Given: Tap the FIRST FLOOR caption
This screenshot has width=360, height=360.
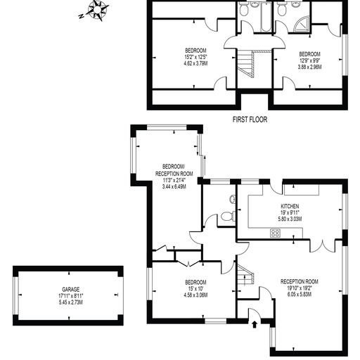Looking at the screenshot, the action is pyautogui.click(x=250, y=120).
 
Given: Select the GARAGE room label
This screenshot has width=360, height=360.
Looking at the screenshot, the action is pyautogui.click(x=71, y=290).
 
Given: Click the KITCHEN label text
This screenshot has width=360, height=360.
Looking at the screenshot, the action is pyautogui.click(x=290, y=206).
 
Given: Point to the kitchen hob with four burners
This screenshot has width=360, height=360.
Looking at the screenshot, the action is pyautogui.click(x=275, y=233).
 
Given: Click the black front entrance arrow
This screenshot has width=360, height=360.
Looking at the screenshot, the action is pyautogui.click(x=255, y=324).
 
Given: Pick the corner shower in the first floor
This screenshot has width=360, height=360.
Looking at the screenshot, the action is pyautogui.click(x=302, y=25).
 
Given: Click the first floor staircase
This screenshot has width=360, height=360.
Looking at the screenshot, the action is pyautogui.click(x=246, y=64).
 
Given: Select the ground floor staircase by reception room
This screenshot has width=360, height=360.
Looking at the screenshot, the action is pyautogui.click(x=245, y=274).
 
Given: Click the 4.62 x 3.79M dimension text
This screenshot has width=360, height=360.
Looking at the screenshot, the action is pyautogui.click(x=195, y=63).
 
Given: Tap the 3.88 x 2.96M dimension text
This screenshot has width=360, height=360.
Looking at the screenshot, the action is pyautogui.click(x=309, y=67).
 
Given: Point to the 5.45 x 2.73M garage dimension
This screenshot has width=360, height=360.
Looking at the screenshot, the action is pyautogui.click(x=71, y=302).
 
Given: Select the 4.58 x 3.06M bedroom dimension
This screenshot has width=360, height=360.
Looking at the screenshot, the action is pyautogui.click(x=195, y=295).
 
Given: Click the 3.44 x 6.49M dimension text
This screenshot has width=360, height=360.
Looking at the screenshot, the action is pyautogui.click(x=174, y=187).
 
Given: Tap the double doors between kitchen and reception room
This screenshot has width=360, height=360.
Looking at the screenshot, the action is pyautogui.click(x=323, y=246).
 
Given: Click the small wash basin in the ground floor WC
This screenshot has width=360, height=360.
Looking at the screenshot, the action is pyautogui.click(x=233, y=199).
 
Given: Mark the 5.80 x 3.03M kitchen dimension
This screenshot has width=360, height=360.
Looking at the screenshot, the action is pyautogui.click(x=290, y=219).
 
